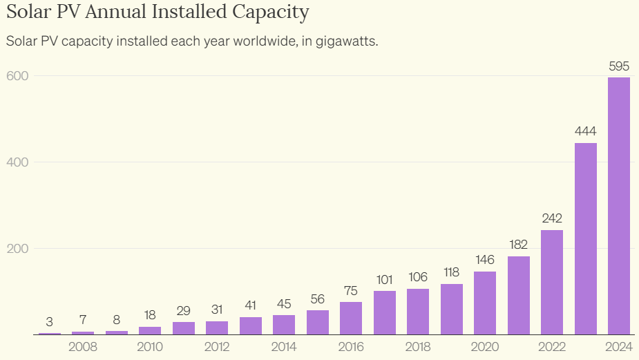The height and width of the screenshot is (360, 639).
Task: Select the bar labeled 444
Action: [585, 238]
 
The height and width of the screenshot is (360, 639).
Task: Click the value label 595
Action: [619, 66]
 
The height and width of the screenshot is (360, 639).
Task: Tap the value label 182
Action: [519, 245]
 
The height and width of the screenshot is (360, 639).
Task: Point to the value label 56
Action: [318, 299]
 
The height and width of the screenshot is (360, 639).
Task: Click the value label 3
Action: [50, 322]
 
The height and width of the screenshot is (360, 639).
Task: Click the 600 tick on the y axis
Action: [17, 75]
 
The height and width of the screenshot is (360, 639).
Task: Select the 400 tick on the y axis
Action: [17, 162]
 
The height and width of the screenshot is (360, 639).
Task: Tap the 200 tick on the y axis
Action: [17, 248]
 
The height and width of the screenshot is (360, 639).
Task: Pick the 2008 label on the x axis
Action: [83, 346]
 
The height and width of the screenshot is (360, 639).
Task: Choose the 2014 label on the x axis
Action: [284, 346]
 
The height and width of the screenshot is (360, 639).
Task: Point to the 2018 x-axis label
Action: [418, 346]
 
